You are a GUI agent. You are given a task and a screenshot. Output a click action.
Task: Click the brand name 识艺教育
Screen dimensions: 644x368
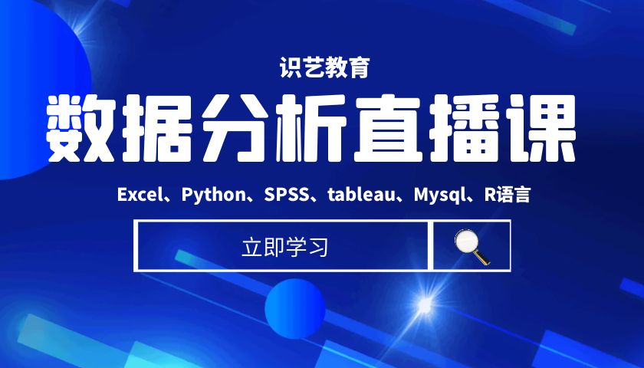(324, 67)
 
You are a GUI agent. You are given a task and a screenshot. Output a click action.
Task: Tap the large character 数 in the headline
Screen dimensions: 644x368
(79, 128)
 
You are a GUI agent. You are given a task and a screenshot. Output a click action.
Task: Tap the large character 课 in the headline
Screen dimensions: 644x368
(541, 128)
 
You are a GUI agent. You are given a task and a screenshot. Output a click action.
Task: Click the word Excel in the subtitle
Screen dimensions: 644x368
(138, 194)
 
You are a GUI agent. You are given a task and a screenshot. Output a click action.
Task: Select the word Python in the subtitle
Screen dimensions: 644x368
(214, 195)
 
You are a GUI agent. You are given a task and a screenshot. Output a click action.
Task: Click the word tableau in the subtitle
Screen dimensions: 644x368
(361, 194)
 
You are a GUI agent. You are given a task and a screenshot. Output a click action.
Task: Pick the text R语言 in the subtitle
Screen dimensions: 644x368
(508, 194)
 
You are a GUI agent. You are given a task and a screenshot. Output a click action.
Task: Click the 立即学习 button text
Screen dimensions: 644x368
(284, 248)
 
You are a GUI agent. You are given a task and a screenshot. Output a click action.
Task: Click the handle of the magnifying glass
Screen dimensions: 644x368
(481, 257)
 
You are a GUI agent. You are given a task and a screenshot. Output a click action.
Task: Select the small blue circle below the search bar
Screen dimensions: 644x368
(295, 309)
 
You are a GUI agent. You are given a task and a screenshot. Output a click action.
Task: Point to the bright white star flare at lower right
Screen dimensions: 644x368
(424, 306)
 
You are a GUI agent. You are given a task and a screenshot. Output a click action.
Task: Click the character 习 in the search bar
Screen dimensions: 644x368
(318, 248)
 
